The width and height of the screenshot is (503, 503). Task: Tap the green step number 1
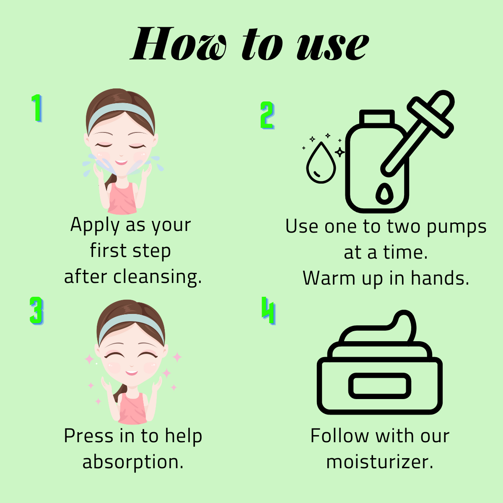pos(37,108)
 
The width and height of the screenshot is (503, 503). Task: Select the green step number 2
pos(267,115)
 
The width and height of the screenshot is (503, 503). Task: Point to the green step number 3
pos(36,311)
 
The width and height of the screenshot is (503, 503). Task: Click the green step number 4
pos(268,311)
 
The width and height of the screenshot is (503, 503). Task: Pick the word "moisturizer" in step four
pos(379,462)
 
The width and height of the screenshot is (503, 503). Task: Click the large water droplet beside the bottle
pos(321,163)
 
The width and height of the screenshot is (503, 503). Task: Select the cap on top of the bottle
pos(377,117)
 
